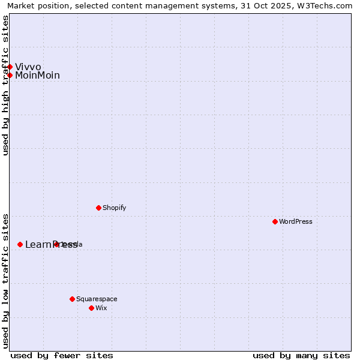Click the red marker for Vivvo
(x=10, y=67)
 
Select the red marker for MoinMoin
(x=10, y=75)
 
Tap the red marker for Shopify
(x=98, y=208)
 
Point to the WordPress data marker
(x=275, y=221)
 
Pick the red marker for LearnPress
(x=20, y=244)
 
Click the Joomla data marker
(x=56, y=244)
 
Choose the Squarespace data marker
(x=72, y=299)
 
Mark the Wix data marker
(x=91, y=308)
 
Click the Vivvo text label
(x=28, y=67)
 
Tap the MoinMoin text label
(x=37, y=75)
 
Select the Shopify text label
(x=114, y=208)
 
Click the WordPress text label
(x=296, y=221)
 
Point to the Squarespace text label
(x=97, y=299)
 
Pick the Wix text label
(x=101, y=308)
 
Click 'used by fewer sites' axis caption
(x=62, y=355)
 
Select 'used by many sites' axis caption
(x=301, y=355)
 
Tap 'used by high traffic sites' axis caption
(x=5, y=85)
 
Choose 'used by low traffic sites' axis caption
(x=5, y=280)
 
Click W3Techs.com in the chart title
(x=328, y=5)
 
